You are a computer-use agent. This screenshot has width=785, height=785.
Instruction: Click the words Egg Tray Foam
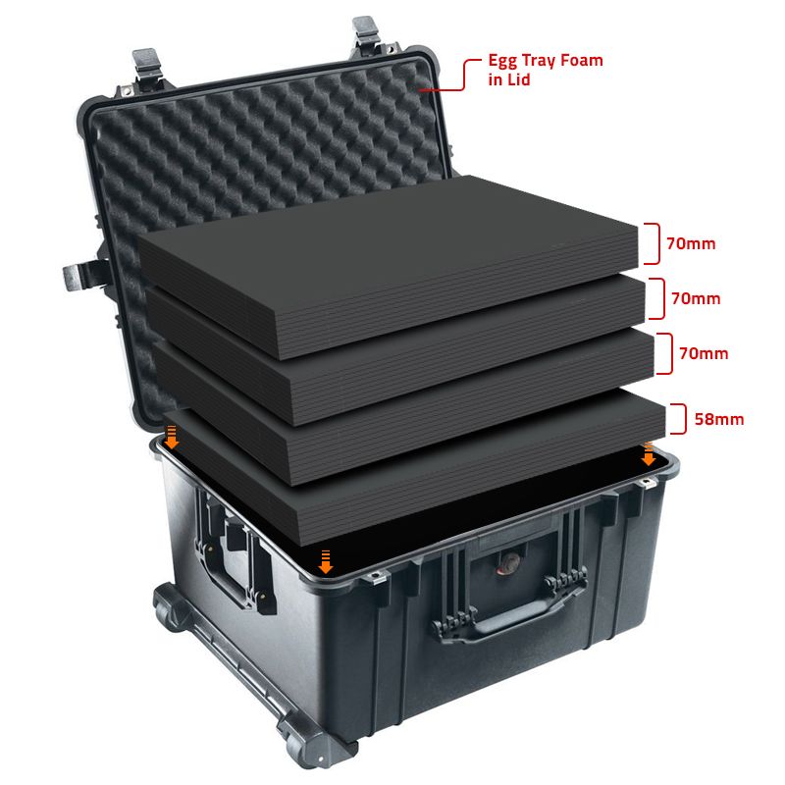(546, 61)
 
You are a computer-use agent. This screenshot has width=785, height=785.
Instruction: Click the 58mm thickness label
(719, 419)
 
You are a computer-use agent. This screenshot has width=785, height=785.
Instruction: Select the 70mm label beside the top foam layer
(691, 243)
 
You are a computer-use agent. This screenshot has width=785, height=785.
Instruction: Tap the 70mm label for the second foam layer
(696, 298)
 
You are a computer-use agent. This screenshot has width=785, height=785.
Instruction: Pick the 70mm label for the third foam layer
(704, 353)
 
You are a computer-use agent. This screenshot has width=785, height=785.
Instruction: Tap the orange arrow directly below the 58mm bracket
(649, 453)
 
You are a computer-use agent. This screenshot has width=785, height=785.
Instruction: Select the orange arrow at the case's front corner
(326, 561)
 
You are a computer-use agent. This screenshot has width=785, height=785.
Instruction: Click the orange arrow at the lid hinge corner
(172, 438)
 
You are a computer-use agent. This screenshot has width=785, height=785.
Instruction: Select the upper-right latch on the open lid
(365, 34)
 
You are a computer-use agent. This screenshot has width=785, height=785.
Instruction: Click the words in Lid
(508, 79)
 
